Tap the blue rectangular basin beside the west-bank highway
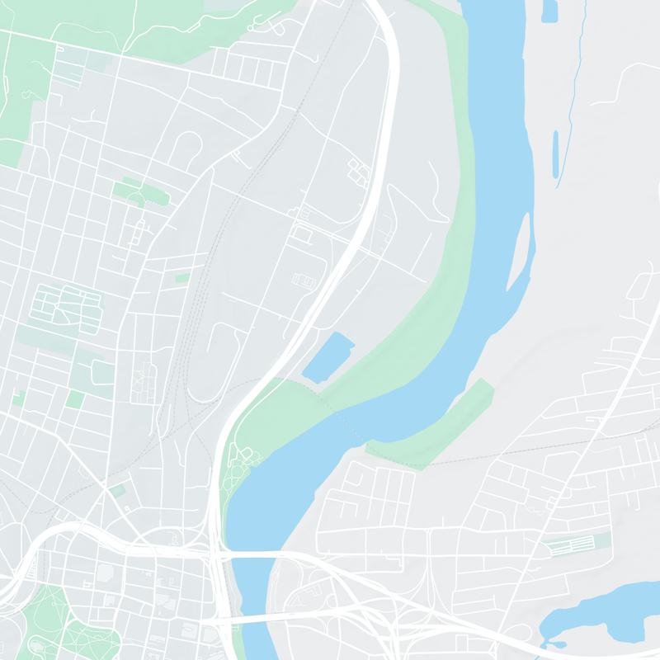tap(328, 356)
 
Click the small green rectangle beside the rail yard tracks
tap(182, 279)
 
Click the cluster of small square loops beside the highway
tap(360, 171)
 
